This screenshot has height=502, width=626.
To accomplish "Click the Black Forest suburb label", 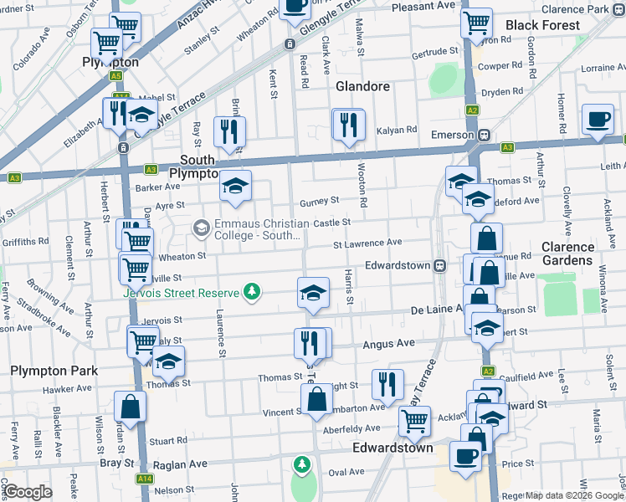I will click(x=542, y=25).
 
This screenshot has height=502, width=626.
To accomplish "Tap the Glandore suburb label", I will click(x=362, y=86).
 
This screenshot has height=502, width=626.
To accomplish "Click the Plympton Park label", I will click(x=54, y=371).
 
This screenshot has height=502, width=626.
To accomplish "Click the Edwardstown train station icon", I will click(x=439, y=265).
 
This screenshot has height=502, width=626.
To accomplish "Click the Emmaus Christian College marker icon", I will click(x=201, y=227).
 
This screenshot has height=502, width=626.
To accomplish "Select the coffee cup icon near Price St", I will click(x=466, y=456).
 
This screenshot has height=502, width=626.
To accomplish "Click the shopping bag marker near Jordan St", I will click(x=131, y=407).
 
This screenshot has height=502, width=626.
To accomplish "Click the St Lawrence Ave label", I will click(x=367, y=243).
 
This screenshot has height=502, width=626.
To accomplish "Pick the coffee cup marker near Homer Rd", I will click(x=598, y=120).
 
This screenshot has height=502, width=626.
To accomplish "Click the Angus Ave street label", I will click(x=388, y=344).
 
